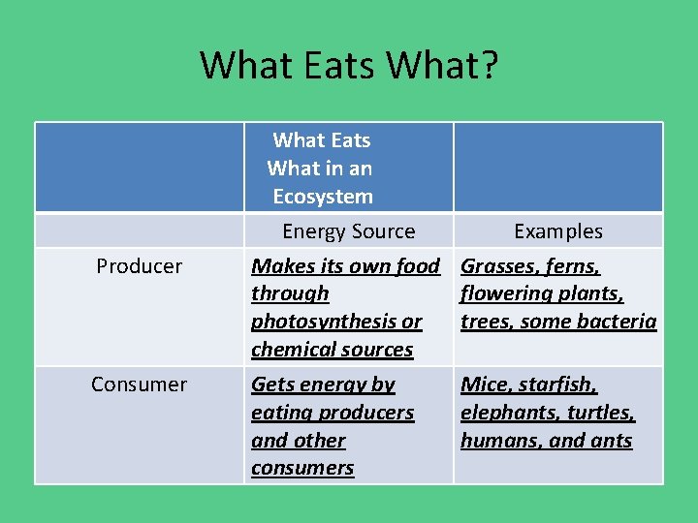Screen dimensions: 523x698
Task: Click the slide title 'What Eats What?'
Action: (349, 66)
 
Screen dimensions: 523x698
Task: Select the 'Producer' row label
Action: (139, 266)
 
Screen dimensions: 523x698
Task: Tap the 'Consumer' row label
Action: (139, 385)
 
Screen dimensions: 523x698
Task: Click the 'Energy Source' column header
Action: (348, 231)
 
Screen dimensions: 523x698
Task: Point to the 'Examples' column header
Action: (557, 231)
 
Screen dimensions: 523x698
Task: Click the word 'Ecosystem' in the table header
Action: (323, 197)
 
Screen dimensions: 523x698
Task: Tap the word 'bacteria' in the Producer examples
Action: (617, 322)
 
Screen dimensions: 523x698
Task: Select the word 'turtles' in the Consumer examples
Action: (598, 413)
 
